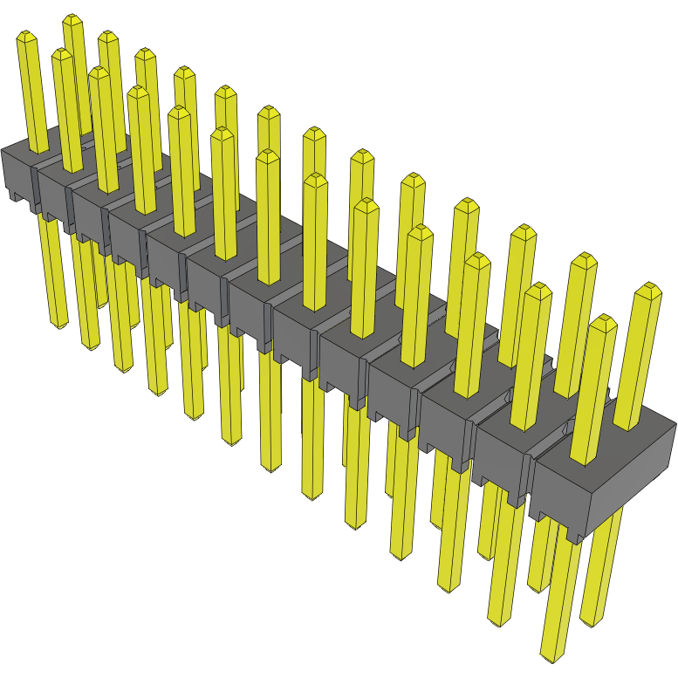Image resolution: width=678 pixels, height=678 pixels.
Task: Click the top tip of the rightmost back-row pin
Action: click(647, 289)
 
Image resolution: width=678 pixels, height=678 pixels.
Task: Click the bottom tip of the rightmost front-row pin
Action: click(552, 655)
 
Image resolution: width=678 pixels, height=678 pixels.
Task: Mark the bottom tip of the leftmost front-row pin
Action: click(58, 325)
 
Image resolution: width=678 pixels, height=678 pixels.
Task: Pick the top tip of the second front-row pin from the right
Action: click(538, 289)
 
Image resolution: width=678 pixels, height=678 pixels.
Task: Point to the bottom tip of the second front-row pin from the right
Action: click(499, 622)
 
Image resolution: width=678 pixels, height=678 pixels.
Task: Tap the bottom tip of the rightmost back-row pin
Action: click(591, 621)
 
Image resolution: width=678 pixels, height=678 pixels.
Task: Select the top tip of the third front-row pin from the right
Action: click(476, 259)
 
